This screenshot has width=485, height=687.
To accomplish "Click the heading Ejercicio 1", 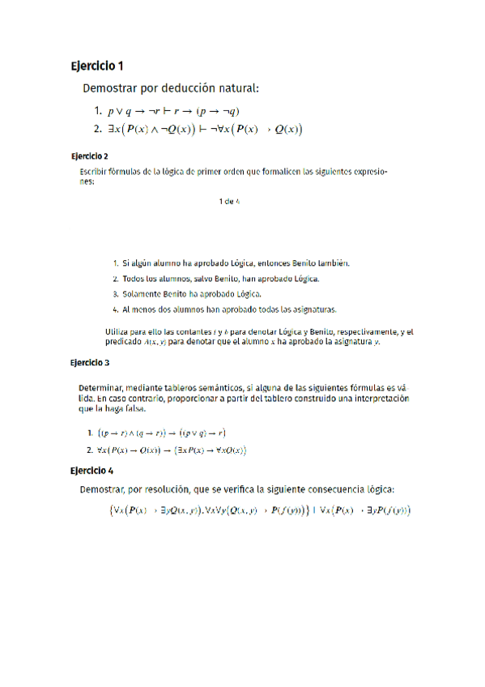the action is pos(97,66).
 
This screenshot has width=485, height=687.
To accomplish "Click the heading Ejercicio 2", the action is pos(89,155).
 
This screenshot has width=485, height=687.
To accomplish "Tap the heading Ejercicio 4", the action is pos(91,470).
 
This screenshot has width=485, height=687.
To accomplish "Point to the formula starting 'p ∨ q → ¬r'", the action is pos(173,111).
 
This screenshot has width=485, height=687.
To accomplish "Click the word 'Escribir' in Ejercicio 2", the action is pos(94,172).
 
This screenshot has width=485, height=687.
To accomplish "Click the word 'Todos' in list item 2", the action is pos(134,279).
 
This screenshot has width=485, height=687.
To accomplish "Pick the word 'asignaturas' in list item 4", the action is pos(313,309).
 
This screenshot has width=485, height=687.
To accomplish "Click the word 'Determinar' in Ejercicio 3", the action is pos(107,388).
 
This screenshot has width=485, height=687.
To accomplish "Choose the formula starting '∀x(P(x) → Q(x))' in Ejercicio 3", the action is pos(171,450).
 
